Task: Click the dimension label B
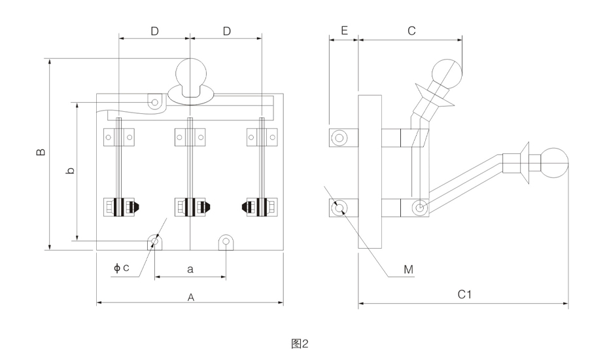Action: pyautogui.click(x=41, y=151)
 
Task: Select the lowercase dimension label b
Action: pyautogui.click(x=70, y=170)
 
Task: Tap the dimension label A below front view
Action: pyautogui.click(x=190, y=297)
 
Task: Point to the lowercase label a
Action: pyautogui.click(x=190, y=269)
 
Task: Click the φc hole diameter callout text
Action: pyautogui.click(x=121, y=268)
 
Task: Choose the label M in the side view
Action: pyautogui.click(x=408, y=269)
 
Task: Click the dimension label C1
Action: pyautogui.click(x=464, y=295)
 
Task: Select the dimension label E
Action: pyautogui.click(x=344, y=30)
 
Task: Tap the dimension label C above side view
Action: pyautogui.click(x=411, y=31)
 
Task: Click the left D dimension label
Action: pyautogui.click(x=154, y=31)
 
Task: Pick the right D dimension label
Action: pyautogui.click(x=227, y=31)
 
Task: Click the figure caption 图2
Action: pyautogui.click(x=300, y=344)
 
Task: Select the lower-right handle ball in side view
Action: pyautogui.click(x=554, y=163)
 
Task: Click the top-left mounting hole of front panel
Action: pyautogui.click(x=155, y=103)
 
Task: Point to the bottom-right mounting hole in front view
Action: pyautogui.click(x=226, y=242)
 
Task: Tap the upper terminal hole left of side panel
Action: pyautogui.click(x=339, y=137)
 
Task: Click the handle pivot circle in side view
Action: pyautogui.click(x=419, y=208)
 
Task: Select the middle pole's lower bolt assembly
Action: pyautogui.click(x=190, y=207)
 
